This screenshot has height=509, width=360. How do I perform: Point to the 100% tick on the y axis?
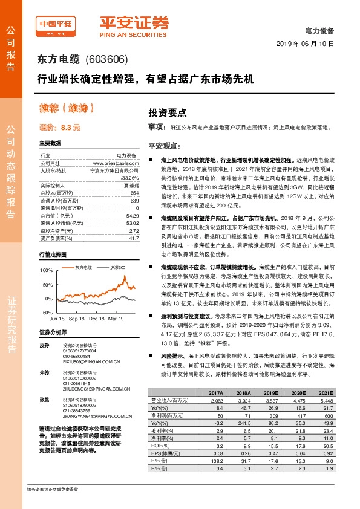click(x=46, y=270)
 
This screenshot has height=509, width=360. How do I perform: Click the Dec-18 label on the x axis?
click(x=97, y=317)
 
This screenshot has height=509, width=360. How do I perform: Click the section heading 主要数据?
click(x=50, y=143)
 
